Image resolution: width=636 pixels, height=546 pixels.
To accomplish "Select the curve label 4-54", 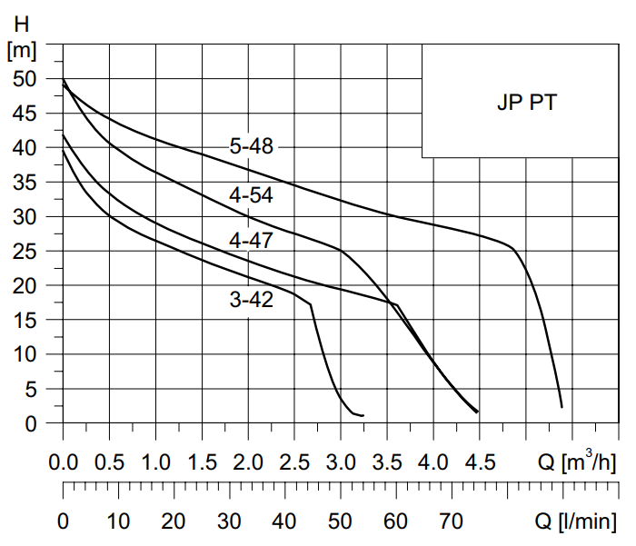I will click(x=252, y=194).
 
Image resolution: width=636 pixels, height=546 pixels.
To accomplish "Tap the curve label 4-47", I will click(x=252, y=241).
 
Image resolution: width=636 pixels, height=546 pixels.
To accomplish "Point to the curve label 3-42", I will click(x=252, y=299).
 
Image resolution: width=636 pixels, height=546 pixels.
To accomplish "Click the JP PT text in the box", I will click(x=527, y=102).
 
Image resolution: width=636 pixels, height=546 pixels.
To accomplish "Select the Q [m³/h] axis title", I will click(x=576, y=463).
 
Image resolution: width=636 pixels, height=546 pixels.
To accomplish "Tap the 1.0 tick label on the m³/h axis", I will click(x=156, y=463).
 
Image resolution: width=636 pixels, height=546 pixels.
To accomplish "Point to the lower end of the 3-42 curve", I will click(x=363, y=415).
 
